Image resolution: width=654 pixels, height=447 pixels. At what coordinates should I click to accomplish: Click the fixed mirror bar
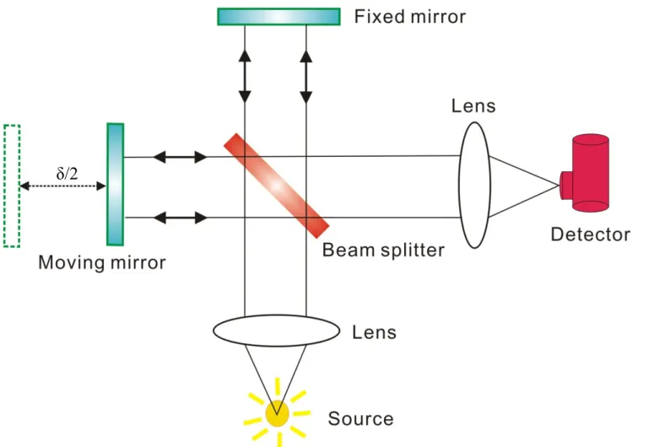pyautogui.click(x=278, y=17)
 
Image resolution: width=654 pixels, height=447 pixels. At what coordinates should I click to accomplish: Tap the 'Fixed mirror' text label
pyautogui.click(x=409, y=17)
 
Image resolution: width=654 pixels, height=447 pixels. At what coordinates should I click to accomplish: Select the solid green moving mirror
pyautogui.click(x=115, y=185)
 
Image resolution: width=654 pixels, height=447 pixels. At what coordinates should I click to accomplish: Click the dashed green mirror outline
pyautogui.click(x=12, y=186)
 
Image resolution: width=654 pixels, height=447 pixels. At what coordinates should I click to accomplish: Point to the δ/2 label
pyautogui.click(x=68, y=173)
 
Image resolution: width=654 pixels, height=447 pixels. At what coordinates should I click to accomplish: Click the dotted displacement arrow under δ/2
pyautogui.click(x=62, y=186)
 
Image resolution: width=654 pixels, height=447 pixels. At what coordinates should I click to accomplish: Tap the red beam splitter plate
pyautogui.click(x=277, y=186)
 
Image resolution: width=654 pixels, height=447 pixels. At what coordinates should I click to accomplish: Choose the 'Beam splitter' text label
pyautogui.click(x=383, y=250)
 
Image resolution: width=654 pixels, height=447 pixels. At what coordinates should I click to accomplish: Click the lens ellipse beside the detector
pyautogui.click(x=474, y=186)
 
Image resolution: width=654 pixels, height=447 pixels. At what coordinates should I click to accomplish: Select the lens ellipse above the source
pyautogui.click(x=277, y=331)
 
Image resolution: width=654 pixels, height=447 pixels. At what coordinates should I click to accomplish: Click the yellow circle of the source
pyautogui.click(x=278, y=413)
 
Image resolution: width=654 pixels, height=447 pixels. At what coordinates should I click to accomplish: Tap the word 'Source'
pyautogui.click(x=361, y=418)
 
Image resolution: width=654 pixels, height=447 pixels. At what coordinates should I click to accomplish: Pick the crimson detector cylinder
pyautogui.click(x=586, y=173)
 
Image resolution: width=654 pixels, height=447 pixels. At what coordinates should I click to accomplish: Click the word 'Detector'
pyautogui.click(x=590, y=234)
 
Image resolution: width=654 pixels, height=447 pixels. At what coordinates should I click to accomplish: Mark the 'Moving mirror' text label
pyautogui.click(x=102, y=262)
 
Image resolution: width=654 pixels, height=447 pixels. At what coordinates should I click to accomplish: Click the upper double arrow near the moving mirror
pyautogui.click(x=181, y=157)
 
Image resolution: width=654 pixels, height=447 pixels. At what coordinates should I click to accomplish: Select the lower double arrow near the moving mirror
pyautogui.click(x=181, y=218)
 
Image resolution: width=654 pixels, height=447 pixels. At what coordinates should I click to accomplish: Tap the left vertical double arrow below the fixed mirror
pyautogui.click(x=245, y=76)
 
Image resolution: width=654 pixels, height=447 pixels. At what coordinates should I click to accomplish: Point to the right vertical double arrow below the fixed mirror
pyautogui.click(x=306, y=77)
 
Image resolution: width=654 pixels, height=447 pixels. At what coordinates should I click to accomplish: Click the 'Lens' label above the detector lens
pyautogui.click(x=473, y=106)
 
